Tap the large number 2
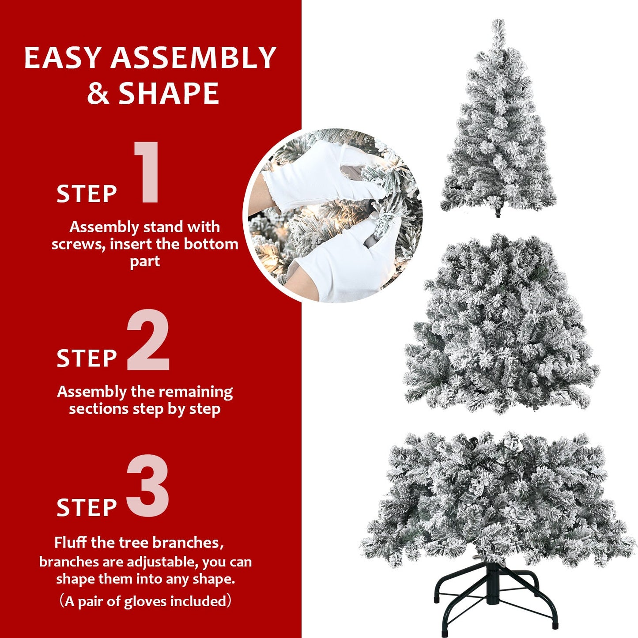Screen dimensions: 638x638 click(148, 340)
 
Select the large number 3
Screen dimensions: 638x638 click(148, 486)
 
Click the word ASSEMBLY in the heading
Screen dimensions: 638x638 click(193, 58)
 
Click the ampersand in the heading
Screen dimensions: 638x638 click(98, 93)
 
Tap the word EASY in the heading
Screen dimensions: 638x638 click(63, 58)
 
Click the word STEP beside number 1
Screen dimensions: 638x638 click(87, 194)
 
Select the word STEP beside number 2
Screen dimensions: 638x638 click(87, 358)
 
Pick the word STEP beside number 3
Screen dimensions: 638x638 click(87, 507)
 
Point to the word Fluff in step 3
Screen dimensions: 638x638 click(70, 542)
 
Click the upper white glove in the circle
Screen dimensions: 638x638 click(318, 174)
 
